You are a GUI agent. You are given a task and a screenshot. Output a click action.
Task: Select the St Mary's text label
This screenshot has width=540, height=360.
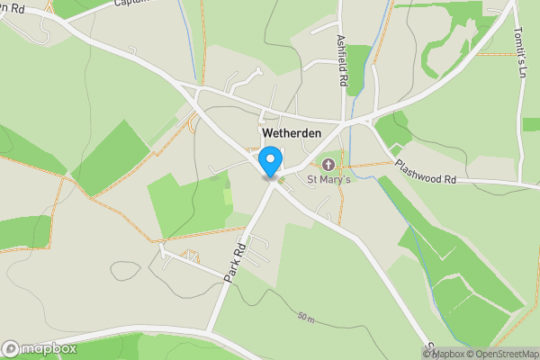coord(328,180)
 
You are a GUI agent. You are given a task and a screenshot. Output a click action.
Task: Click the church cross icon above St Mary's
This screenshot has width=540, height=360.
coord(328,165)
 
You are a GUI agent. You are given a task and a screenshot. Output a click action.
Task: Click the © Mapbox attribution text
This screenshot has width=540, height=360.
coord(444,354)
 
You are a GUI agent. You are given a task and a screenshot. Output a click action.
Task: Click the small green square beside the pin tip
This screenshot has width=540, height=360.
coord(281,181)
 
